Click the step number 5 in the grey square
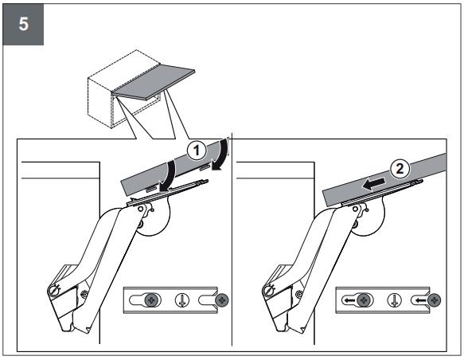click(x=24, y=24)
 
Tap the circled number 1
click(x=197, y=151)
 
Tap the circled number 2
click(x=400, y=169)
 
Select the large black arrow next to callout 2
click(x=374, y=184)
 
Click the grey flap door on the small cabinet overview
click(x=154, y=83)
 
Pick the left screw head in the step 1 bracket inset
click(x=151, y=300)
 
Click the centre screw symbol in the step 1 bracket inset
click(x=182, y=300)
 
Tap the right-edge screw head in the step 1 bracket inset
click(x=222, y=300)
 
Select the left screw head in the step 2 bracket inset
click(x=364, y=300)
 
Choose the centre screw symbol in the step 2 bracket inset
click(x=395, y=300)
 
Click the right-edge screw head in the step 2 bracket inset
click(x=434, y=300)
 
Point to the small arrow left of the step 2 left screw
click(x=349, y=301)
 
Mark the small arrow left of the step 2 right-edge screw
click(x=421, y=301)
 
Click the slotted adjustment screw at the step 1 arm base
click(x=54, y=290)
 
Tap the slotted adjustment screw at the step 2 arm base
click(x=269, y=290)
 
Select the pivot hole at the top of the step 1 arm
click(x=141, y=209)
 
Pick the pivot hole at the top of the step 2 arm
click(x=355, y=209)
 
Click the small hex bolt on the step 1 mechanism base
click(x=84, y=294)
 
